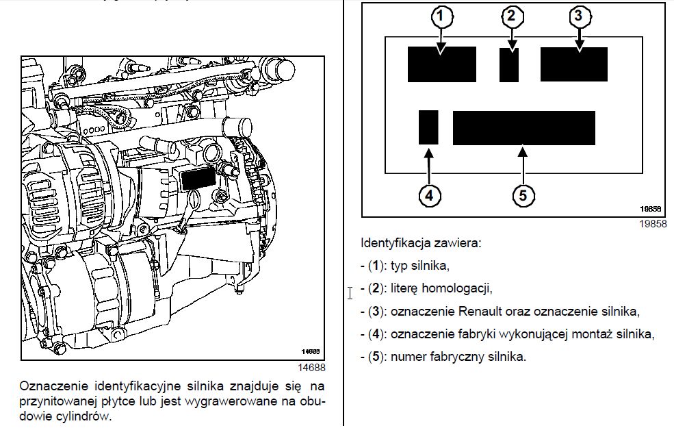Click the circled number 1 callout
tap(442, 16)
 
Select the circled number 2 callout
tap(510, 16)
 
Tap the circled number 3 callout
tap(579, 16)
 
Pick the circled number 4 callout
tap(428, 195)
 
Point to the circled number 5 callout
tap(523, 195)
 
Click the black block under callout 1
tap(442, 64)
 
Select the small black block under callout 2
tap(509, 65)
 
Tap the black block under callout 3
tap(574, 64)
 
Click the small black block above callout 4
tap(428, 127)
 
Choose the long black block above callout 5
tap(523, 127)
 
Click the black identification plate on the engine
tap(197, 179)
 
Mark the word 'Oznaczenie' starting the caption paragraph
tap(50, 386)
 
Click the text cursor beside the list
tap(350, 293)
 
